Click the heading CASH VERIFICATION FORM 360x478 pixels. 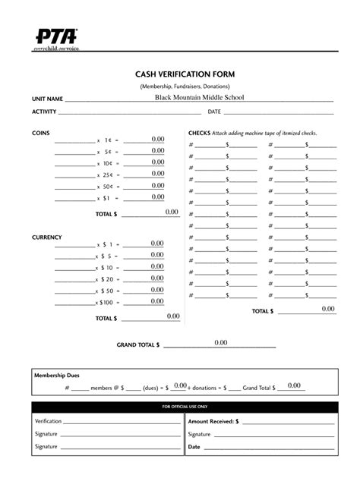point(185,74)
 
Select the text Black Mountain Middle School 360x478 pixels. point(201,98)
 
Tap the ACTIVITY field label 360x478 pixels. point(44,112)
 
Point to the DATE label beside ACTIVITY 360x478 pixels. point(214,112)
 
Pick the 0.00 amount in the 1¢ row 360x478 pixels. point(157,140)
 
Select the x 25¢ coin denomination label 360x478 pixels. point(105,175)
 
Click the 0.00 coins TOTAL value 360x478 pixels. point(172,212)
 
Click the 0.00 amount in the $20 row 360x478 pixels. point(157,278)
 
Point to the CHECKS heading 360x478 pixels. point(200,133)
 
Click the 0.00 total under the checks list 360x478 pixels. point(328,309)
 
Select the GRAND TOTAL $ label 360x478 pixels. point(138,345)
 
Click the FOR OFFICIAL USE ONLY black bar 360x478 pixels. point(180,407)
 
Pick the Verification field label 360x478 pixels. point(48,420)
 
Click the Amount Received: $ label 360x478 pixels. point(213,420)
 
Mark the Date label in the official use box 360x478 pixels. point(194,447)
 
